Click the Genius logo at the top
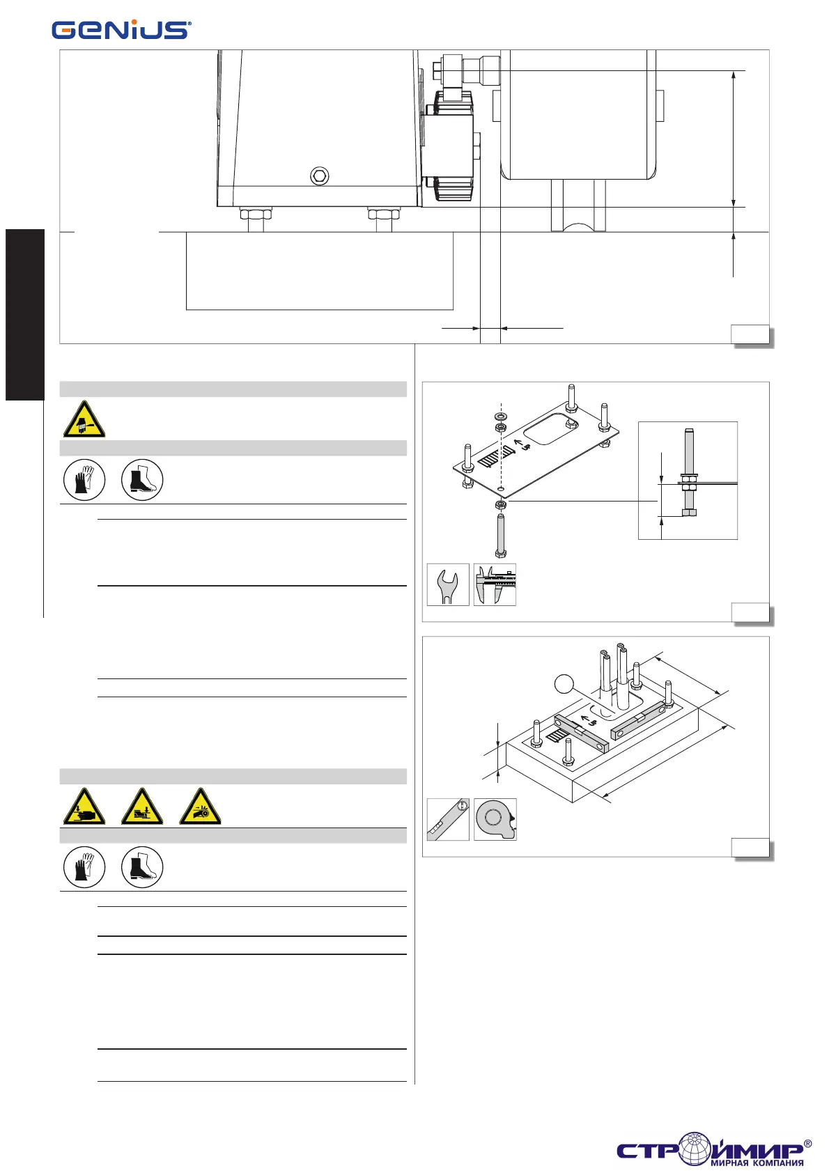(x=121, y=29)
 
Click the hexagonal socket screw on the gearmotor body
(x=319, y=176)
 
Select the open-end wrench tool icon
(x=447, y=584)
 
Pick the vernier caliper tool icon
(x=495, y=584)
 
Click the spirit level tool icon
(x=447, y=819)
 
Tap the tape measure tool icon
(x=495, y=819)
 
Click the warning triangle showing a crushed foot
(x=142, y=807)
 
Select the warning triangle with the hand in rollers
(x=200, y=807)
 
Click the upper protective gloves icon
(x=84, y=479)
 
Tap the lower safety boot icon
(x=142, y=867)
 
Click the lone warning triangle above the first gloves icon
(x=84, y=419)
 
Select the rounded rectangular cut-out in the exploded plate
(x=548, y=427)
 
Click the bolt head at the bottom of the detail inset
(x=688, y=513)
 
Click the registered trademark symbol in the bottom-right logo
(x=807, y=1143)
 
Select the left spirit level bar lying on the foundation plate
(x=580, y=733)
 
